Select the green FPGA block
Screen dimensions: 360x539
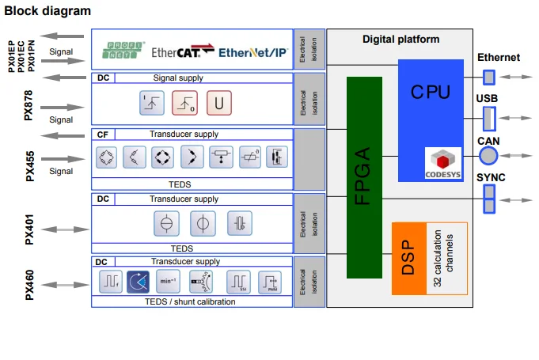(364, 177)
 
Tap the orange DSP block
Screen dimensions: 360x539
(408, 258)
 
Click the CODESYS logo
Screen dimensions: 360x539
(442, 164)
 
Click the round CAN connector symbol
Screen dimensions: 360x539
(490, 153)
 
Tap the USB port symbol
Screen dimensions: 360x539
(489, 118)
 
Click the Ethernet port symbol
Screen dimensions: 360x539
(489, 77)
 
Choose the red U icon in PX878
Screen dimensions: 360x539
(219, 104)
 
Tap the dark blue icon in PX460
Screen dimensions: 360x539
(139, 280)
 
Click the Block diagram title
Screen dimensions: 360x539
(47, 11)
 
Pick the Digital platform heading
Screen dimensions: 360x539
(400, 39)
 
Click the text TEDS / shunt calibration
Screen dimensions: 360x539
(190, 301)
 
